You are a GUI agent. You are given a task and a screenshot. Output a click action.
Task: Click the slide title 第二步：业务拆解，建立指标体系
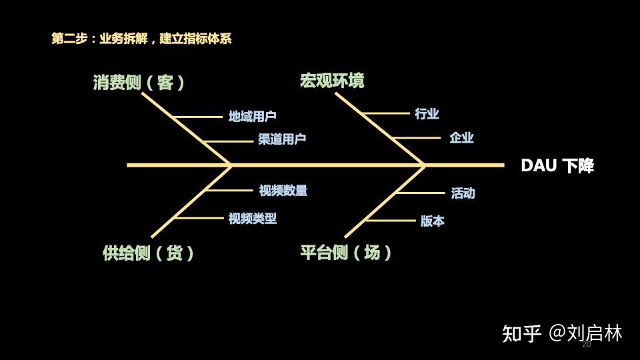coord(141,39)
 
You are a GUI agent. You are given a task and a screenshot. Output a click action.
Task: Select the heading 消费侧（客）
coord(139,83)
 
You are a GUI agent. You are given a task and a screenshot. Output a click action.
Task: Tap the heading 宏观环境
coord(332,81)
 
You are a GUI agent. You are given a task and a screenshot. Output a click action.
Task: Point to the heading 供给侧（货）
coord(149,253)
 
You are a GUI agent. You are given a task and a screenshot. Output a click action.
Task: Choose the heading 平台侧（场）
coord(346,253)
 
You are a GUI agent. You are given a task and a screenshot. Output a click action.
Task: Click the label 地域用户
coord(252,117)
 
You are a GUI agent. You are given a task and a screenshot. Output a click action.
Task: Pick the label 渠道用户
coord(283,139)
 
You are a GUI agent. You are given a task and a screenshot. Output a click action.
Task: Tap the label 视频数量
coord(283,191)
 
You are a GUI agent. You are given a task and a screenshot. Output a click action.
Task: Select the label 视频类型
coord(252,218)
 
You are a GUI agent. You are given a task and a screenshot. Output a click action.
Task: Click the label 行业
coord(427,114)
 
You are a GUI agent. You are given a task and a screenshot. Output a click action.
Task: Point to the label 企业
coord(461,138)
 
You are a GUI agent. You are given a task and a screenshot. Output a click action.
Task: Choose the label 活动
coord(463,193)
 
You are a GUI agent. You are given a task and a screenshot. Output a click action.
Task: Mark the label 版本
coord(432,221)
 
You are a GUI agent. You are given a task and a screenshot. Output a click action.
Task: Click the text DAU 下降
coord(557,166)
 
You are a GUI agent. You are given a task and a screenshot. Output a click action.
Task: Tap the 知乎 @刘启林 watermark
coord(562,333)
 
